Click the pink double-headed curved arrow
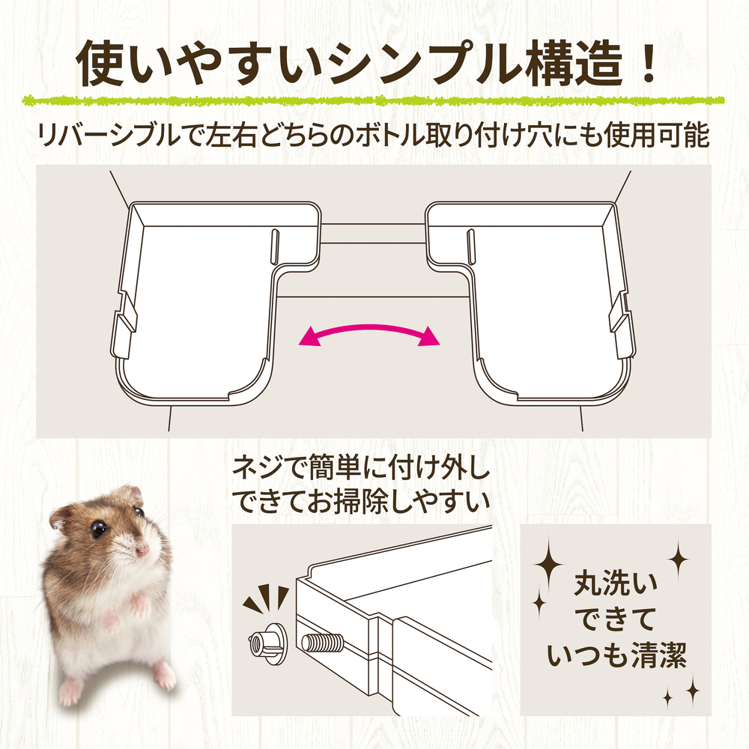369,328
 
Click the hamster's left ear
60,519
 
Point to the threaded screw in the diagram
324,643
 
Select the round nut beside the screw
268,643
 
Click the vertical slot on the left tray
274,246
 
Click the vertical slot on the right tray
471,246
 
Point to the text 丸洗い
616,583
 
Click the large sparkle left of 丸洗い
549,565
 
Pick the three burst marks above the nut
266,598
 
